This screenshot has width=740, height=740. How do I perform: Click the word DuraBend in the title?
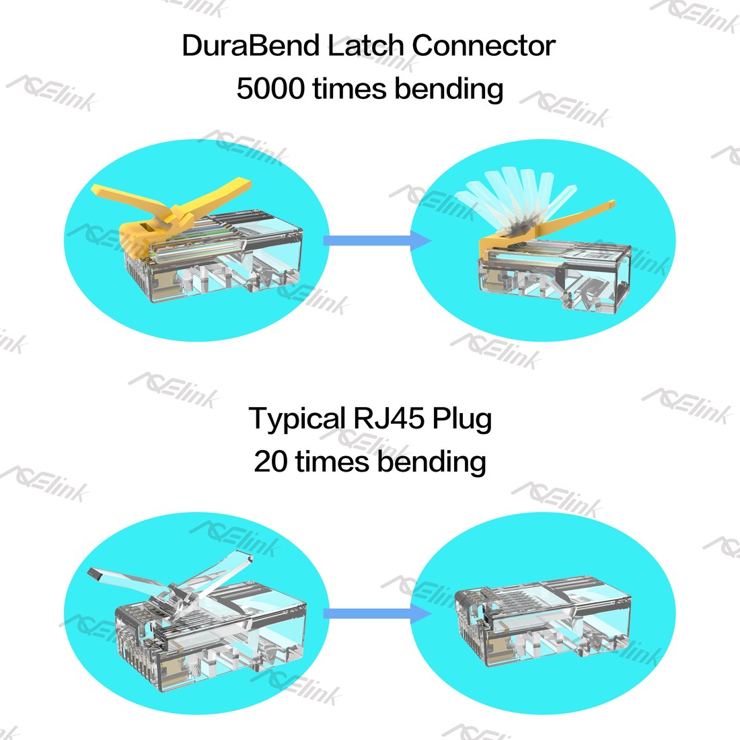pyautogui.click(x=251, y=46)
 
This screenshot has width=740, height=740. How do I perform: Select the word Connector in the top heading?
pyautogui.click(x=484, y=46)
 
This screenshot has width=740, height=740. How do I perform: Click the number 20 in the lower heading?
pyautogui.click(x=270, y=461)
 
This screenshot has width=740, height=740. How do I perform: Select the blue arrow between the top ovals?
pyautogui.click(x=377, y=240)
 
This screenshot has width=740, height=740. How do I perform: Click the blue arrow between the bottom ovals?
pyautogui.click(x=377, y=614)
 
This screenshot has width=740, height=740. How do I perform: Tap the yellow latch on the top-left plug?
pyautogui.click(x=170, y=208)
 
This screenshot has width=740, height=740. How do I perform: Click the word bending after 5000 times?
pyautogui.click(x=449, y=89)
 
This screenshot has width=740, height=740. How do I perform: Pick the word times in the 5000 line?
pyautogui.click(x=350, y=88)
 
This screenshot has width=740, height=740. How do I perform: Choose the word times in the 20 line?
pyautogui.click(x=332, y=461)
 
